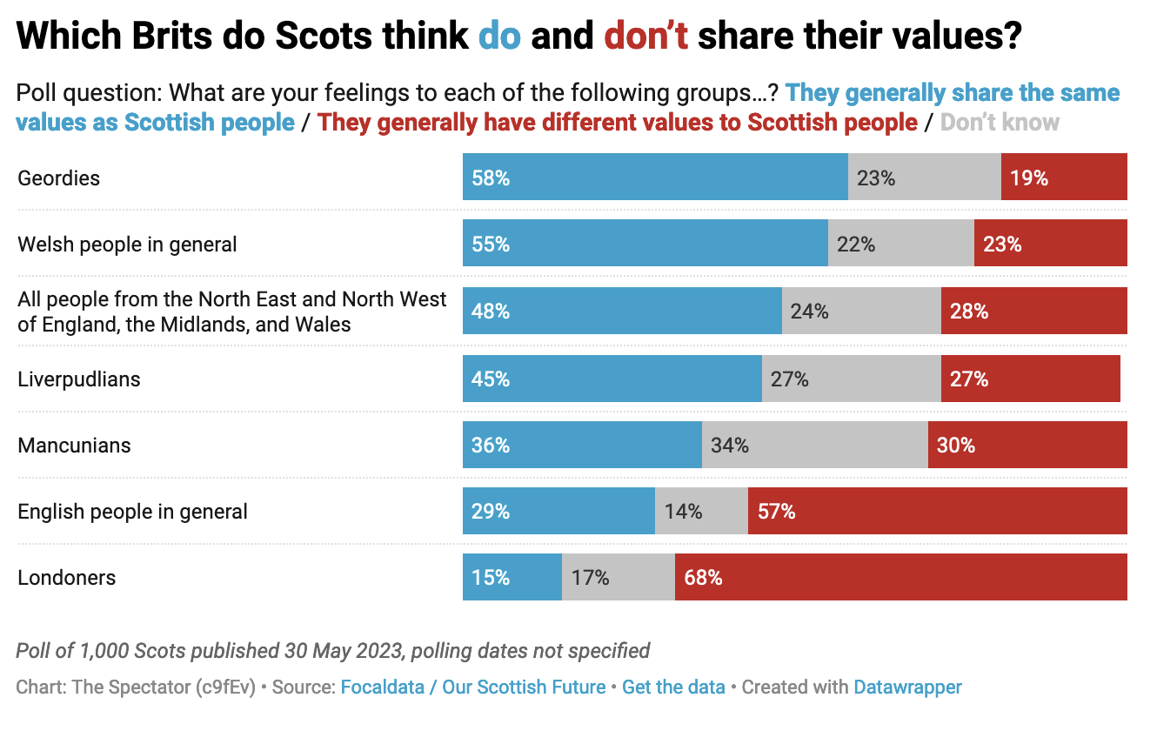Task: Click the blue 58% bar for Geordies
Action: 654,178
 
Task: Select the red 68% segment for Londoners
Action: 900,577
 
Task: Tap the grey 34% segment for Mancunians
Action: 814,446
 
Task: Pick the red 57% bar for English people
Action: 937,511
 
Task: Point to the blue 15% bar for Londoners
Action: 512,577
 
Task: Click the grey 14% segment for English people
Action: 700,511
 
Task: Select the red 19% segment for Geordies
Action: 1063,178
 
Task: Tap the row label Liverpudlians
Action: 79,379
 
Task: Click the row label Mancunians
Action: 74,446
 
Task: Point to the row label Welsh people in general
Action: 127,245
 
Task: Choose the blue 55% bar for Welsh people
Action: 645,245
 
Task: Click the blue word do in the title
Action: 500,37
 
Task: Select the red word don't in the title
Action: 645,37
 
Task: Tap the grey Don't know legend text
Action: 1000,122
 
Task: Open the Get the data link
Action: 673,687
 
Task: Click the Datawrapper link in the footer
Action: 907,687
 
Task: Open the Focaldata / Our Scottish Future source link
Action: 472,687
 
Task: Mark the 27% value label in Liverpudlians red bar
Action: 969,379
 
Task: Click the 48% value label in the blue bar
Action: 491,311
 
